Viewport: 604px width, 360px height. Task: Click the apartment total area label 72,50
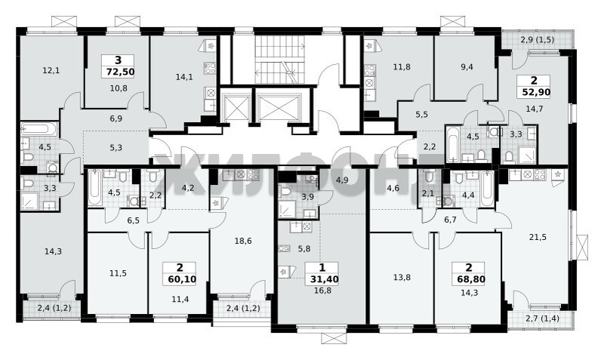click(120, 72)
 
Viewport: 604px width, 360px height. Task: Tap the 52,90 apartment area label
click(536, 92)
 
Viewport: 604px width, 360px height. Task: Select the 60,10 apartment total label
click(182, 279)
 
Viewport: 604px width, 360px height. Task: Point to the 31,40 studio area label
click(325, 279)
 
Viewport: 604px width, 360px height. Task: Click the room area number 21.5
click(538, 238)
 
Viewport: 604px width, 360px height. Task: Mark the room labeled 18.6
click(243, 241)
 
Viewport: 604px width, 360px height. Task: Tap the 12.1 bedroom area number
click(51, 70)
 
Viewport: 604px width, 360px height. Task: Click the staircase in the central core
click(280, 60)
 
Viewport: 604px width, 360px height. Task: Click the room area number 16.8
click(323, 291)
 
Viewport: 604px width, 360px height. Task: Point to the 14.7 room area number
click(535, 109)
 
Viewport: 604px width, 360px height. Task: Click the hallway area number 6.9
click(116, 118)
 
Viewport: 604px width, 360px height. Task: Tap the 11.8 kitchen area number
click(402, 67)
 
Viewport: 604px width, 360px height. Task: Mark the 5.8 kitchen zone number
click(304, 249)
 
